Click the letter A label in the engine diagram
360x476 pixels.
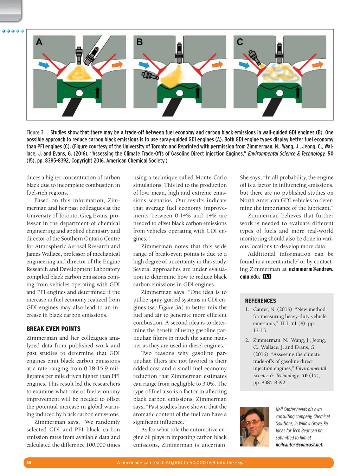point(39,42)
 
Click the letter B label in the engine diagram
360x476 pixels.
point(140,42)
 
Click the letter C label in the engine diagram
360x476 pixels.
point(240,42)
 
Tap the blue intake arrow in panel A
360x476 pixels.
point(44,65)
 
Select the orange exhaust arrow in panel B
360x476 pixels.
point(217,65)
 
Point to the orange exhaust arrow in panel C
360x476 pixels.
point(317,65)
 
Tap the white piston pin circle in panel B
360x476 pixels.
point(180,93)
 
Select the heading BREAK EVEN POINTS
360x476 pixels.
point(53,329)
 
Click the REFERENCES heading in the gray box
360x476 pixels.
point(261,301)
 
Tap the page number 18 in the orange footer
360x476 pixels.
point(29,463)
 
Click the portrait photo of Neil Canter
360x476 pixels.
point(254,426)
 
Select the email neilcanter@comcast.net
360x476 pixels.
point(300,445)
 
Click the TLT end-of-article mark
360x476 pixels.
point(267,276)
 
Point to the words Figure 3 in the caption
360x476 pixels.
point(35,132)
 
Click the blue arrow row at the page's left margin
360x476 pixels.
point(13,31)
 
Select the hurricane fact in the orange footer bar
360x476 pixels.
point(180,463)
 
